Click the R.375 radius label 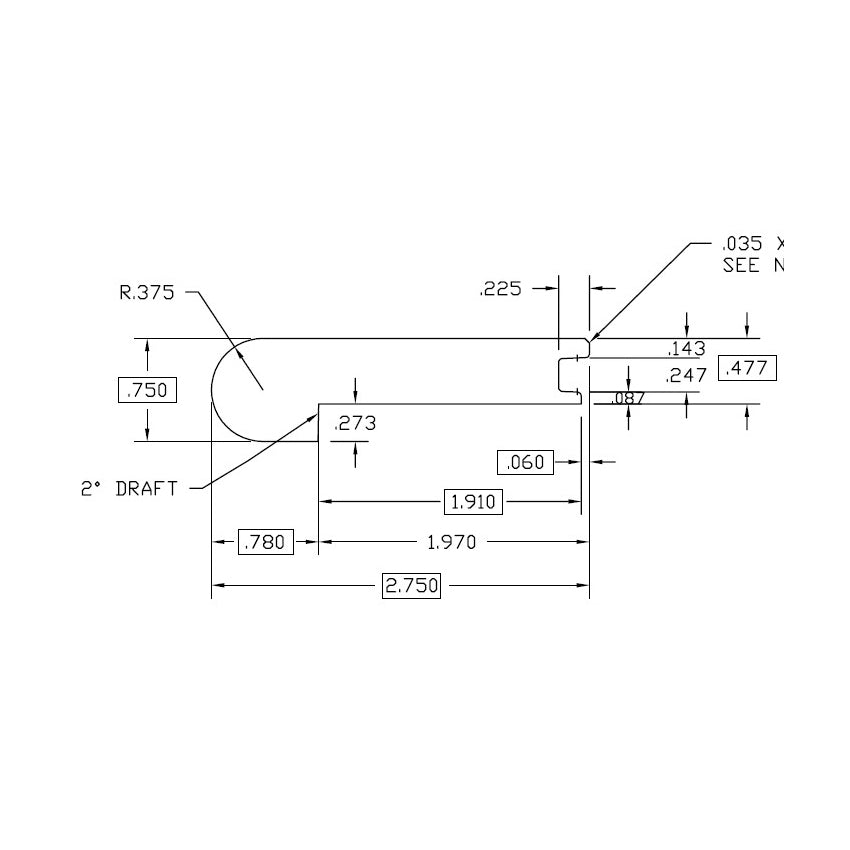pyautogui.click(x=147, y=293)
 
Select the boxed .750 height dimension pyautogui.click(x=147, y=390)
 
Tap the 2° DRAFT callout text pyautogui.click(x=129, y=489)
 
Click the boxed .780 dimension pyautogui.click(x=265, y=543)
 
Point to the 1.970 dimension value pyautogui.click(x=452, y=543)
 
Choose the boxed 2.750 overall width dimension pyautogui.click(x=412, y=586)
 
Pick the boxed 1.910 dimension pyautogui.click(x=473, y=501)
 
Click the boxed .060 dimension pyautogui.click(x=525, y=462)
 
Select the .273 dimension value pyautogui.click(x=355, y=424)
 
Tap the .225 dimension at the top pyautogui.click(x=501, y=289)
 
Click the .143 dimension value pyautogui.click(x=687, y=349)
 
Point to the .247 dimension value pyautogui.click(x=686, y=375)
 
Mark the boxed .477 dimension pyautogui.click(x=747, y=368)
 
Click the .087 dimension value pyautogui.click(x=627, y=399)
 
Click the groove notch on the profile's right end pyautogui.click(x=570, y=374)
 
